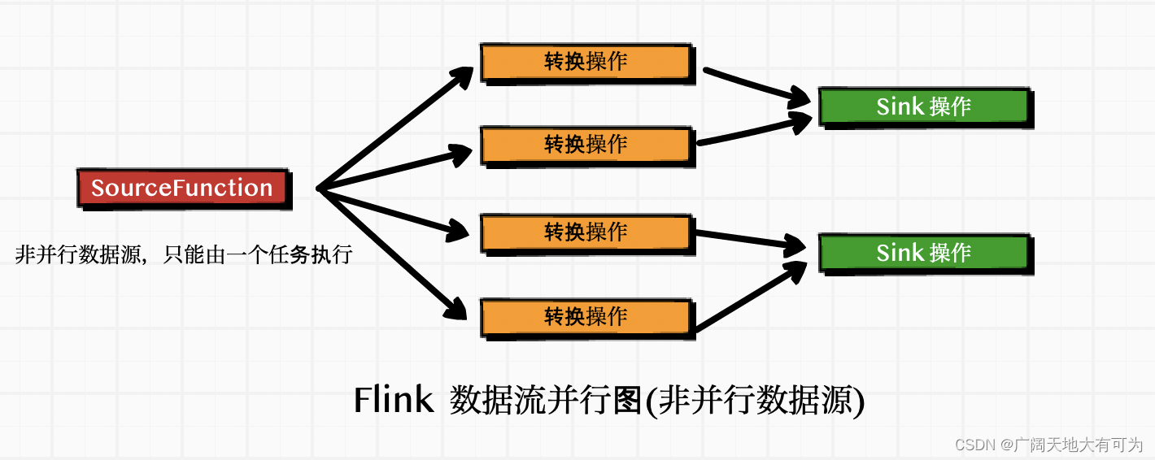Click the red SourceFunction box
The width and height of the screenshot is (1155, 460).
click(x=182, y=188)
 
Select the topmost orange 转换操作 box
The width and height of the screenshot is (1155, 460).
click(x=586, y=63)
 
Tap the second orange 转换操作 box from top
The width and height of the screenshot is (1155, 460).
click(x=586, y=145)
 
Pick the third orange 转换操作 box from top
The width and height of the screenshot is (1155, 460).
click(x=586, y=232)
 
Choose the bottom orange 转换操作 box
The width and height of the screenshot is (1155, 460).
click(x=586, y=316)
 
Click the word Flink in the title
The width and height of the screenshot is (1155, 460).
click(x=393, y=401)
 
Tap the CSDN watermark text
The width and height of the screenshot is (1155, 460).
click(x=976, y=445)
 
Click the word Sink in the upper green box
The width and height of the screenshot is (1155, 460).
click(x=900, y=106)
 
